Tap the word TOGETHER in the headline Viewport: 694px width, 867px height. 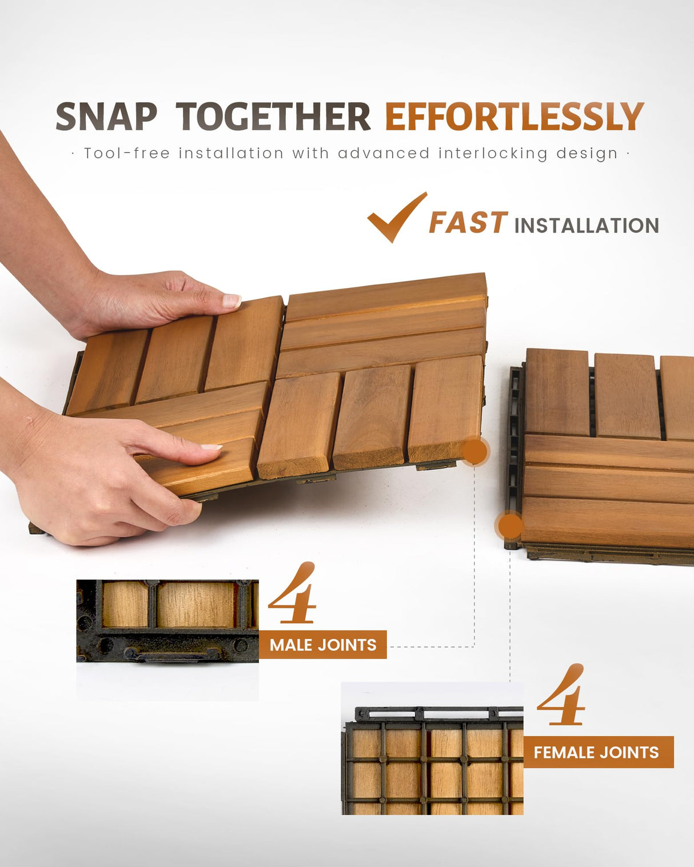(273, 117)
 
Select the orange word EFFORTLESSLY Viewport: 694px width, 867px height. (514, 117)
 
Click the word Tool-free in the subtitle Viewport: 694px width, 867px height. (126, 153)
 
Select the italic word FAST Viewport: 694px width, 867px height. (467, 223)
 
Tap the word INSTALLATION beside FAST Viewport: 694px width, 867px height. (587, 226)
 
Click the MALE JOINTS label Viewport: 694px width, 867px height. (323, 645)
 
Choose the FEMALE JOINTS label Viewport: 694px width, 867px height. (596, 752)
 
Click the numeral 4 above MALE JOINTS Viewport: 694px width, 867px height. (293, 594)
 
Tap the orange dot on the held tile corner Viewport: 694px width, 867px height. (474, 452)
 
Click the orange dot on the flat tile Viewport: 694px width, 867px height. (509, 525)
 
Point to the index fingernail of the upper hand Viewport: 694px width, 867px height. (232, 301)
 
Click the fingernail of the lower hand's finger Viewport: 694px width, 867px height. (211, 447)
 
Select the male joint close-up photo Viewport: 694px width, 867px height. (167, 621)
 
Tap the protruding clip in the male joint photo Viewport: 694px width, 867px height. (171, 654)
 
